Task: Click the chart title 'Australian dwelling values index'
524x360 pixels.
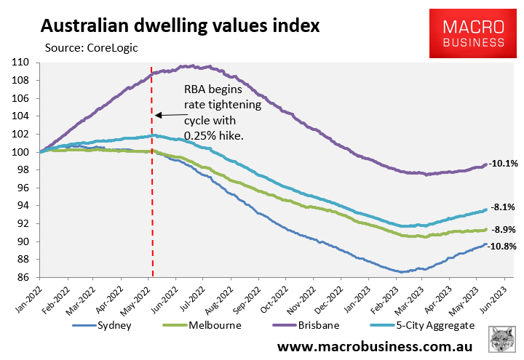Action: point(180,26)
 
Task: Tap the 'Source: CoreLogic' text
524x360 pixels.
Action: point(91,48)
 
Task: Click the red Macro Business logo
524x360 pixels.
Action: point(473,33)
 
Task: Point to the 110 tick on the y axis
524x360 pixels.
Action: point(20,63)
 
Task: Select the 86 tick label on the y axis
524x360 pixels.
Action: point(23,277)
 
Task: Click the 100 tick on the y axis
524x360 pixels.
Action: point(20,152)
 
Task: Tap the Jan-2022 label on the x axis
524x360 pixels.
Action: point(29,300)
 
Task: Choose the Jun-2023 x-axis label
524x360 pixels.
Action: point(495,300)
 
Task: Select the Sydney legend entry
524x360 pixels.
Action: point(103,325)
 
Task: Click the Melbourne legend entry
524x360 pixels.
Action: point(202,325)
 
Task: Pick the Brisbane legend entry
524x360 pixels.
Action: point(306,325)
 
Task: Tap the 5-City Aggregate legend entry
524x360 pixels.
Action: point(423,325)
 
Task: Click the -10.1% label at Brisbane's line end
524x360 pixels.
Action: point(504,164)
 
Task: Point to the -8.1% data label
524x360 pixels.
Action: point(503,207)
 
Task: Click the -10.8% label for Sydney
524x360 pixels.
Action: point(502,247)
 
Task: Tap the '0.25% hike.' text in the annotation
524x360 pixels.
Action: point(214,136)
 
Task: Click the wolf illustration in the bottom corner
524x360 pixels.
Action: point(501,340)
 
